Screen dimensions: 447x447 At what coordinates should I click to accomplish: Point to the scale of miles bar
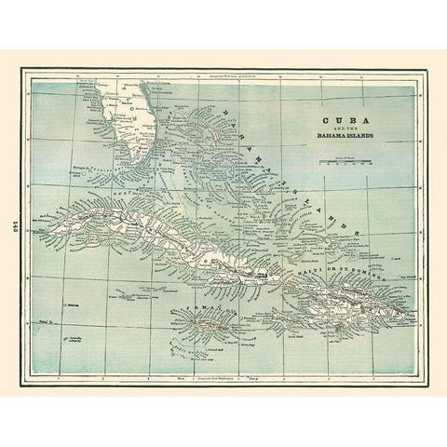[x=352, y=162]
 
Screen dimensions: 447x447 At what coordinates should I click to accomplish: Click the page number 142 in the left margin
[x=19, y=223]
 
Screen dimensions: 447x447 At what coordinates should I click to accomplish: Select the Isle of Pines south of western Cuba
[x=107, y=249]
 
